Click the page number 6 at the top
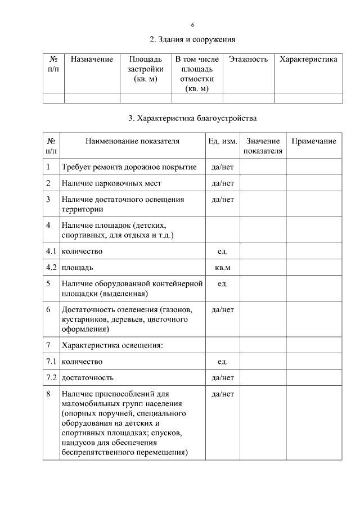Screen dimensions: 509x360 (192, 25)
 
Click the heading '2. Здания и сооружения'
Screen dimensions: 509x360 (192, 40)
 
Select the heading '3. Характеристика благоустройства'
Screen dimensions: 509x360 (192, 119)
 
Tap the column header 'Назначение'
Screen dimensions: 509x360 (92, 60)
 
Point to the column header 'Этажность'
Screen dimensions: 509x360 (248, 60)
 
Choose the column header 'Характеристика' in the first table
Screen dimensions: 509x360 (308, 60)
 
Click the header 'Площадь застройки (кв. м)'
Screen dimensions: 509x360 (145, 69)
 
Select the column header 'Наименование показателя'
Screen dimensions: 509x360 (132, 141)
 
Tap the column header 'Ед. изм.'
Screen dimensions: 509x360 (222, 141)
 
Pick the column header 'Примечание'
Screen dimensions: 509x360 (313, 141)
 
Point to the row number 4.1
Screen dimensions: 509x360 (51, 251)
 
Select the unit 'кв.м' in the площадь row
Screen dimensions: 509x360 (222, 267)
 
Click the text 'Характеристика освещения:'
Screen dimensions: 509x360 (112, 345)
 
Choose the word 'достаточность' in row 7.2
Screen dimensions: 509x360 (88, 377)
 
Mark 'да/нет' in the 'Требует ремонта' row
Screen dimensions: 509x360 (222, 167)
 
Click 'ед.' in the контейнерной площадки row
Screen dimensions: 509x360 (222, 283)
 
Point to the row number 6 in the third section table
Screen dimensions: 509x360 (48, 310)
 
